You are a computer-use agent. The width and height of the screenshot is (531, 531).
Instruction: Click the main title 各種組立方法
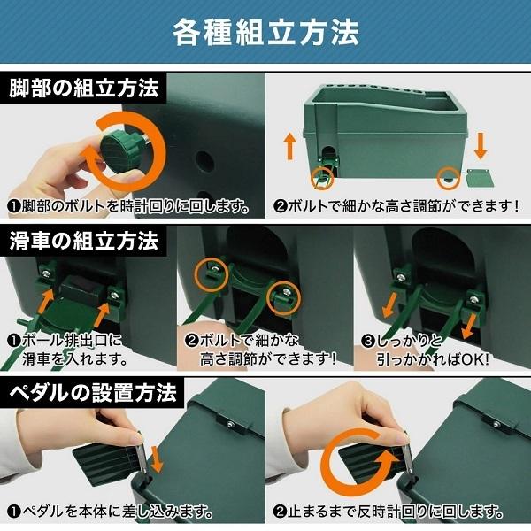[x=265, y=34]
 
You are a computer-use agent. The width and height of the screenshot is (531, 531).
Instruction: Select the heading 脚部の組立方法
[x=84, y=89]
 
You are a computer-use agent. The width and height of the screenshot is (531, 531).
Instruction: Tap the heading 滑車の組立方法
[x=84, y=240]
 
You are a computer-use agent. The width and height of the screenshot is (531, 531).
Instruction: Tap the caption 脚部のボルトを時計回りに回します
[x=129, y=209]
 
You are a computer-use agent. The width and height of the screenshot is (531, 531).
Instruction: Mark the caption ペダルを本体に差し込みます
[x=111, y=511]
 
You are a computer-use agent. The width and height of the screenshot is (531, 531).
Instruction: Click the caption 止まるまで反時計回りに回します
[x=389, y=511]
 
